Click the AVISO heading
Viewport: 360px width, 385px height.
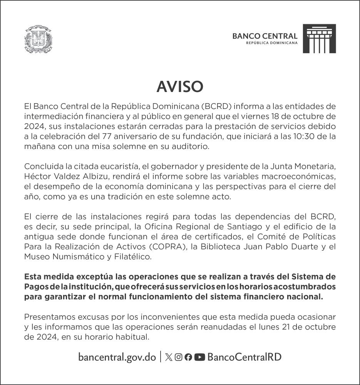[180, 87]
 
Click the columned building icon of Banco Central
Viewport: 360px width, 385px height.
[319, 38]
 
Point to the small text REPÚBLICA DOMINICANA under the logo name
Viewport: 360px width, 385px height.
[272, 43]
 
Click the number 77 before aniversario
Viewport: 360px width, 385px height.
[109, 136]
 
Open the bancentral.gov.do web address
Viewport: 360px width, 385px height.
[117, 357]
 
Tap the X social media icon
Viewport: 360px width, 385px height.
[168, 357]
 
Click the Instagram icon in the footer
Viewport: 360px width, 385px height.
[178, 357]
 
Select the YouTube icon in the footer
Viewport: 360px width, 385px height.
[199, 357]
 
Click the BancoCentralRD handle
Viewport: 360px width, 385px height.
[244, 357]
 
